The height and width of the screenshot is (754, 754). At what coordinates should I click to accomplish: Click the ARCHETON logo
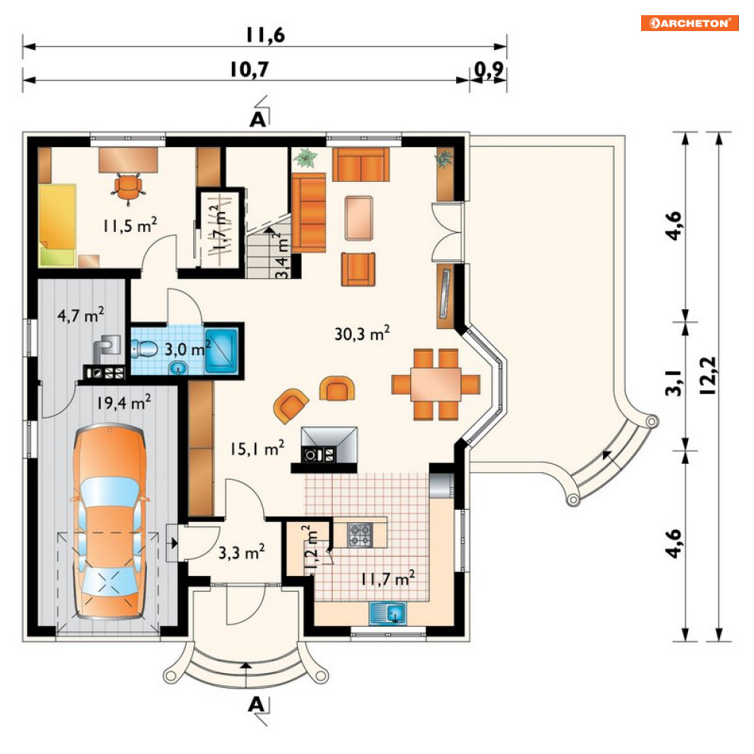click(x=689, y=23)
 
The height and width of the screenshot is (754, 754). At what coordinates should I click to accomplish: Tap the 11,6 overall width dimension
click(x=265, y=35)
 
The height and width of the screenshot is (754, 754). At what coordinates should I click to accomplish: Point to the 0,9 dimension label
click(x=489, y=70)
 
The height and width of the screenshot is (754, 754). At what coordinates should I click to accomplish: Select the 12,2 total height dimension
click(x=709, y=376)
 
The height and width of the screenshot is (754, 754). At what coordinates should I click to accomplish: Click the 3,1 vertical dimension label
click(x=674, y=383)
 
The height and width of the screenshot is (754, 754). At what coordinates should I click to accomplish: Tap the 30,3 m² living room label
click(x=361, y=333)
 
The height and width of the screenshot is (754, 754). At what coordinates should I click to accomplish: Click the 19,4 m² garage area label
click(x=124, y=402)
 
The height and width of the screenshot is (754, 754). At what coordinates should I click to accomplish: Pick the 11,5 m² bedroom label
click(x=130, y=224)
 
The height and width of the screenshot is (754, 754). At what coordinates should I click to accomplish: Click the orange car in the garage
click(x=111, y=522)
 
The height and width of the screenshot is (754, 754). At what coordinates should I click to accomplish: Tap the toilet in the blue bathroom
click(x=144, y=349)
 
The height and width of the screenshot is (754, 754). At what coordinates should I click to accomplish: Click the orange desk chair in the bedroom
click(x=128, y=187)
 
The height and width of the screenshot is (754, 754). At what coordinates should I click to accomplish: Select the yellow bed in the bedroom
click(x=58, y=226)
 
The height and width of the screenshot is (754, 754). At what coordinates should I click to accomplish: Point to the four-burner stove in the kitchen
click(x=360, y=535)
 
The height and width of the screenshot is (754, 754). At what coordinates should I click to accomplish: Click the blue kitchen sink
click(x=388, y=613)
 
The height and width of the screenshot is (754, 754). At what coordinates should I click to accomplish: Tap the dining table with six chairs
click(x=436, y=384)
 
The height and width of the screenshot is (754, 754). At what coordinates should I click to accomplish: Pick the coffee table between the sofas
click(x=358, y=217)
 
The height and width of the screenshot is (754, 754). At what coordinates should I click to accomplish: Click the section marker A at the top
click(x=258, y=119)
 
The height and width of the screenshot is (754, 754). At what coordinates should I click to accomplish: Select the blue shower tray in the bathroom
click(x=222, y=351)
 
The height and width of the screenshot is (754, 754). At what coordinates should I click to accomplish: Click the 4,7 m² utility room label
click(x=81, y=315)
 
